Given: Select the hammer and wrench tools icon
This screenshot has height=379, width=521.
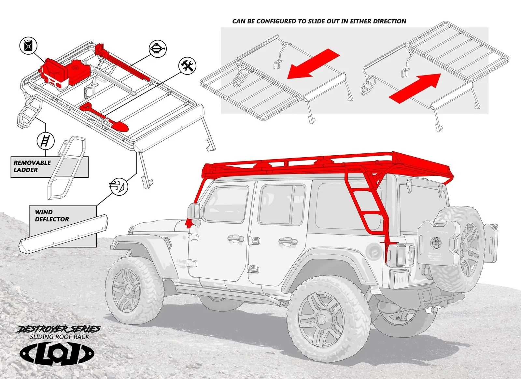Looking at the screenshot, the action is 188,66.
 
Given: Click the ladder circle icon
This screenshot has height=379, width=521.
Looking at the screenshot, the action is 46,141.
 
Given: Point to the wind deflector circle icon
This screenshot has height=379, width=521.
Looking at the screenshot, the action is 119,186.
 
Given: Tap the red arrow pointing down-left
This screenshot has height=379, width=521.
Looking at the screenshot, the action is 314,64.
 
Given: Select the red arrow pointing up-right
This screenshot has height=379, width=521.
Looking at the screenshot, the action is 415,88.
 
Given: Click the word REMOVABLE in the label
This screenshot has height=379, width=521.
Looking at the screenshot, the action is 32,163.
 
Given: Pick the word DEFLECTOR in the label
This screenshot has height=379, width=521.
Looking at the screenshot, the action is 52,219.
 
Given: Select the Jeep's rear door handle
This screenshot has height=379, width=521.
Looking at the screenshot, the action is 288,241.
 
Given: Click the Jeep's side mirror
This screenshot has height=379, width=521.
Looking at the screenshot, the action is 194,212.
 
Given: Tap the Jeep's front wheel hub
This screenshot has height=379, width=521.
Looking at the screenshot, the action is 128,290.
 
